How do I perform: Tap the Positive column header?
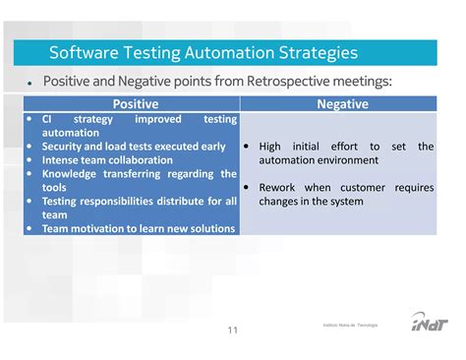pos(135,103)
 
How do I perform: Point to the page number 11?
pos(233,330)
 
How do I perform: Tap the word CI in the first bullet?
pos(48,119)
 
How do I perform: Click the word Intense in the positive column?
pos(63,160)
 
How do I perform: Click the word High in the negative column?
pos(270,147)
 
